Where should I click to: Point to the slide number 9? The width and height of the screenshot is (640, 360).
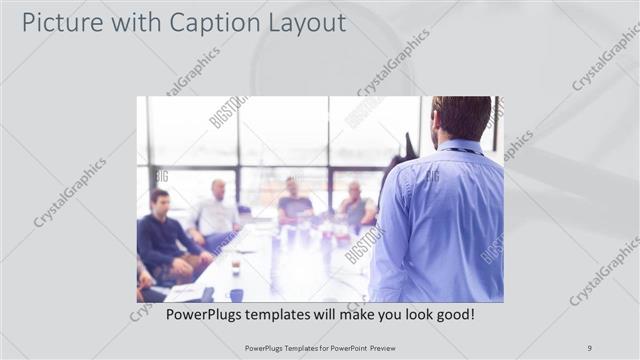coord(589,347)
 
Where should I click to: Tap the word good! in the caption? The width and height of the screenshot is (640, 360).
coord(453,314)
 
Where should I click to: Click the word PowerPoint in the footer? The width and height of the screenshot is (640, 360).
coord(344,347)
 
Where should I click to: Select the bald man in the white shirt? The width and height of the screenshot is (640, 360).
coord(216,210)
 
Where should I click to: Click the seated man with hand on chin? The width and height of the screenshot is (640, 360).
coord(355,205)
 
